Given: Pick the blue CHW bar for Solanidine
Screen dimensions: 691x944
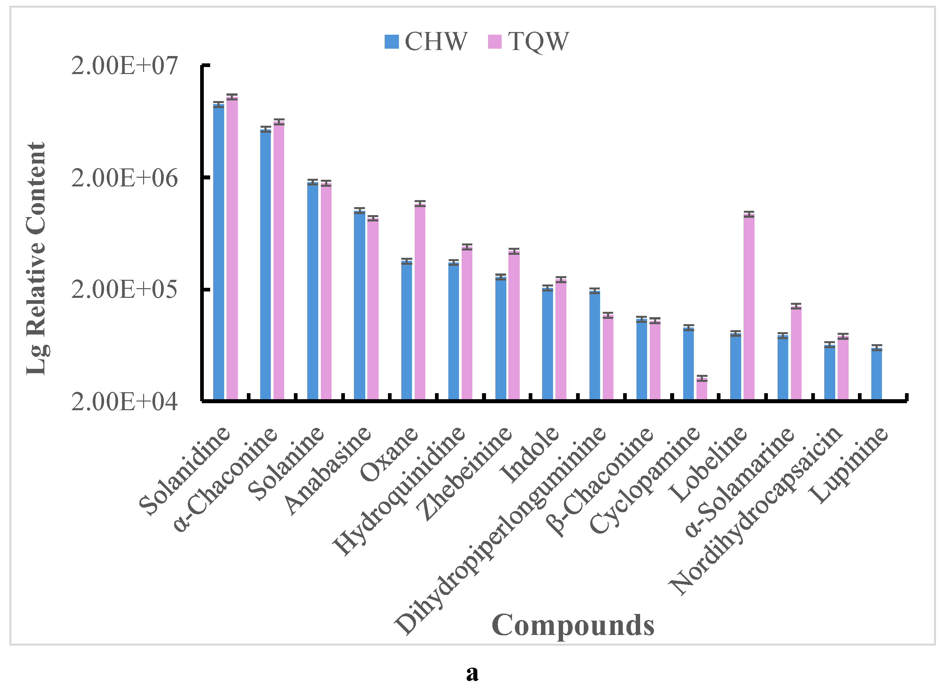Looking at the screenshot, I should click(x=218, y=251).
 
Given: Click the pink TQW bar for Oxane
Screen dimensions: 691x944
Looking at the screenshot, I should click(x=420, y=301).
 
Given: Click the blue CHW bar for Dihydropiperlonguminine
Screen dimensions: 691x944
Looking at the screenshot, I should click(x=594, y=345).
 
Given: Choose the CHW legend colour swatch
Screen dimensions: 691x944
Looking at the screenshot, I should click(x=392, y=42).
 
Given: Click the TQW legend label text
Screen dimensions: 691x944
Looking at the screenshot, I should click(x=538, y=42).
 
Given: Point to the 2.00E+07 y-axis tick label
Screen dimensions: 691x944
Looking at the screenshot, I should click(x=124, y=66).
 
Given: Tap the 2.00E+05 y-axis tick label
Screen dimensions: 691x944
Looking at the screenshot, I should click(x=124, y=289).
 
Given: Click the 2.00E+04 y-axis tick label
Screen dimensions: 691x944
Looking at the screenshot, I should click(x=124, y=402).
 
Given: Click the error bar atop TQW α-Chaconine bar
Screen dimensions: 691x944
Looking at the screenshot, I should click(x=279, y=122).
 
